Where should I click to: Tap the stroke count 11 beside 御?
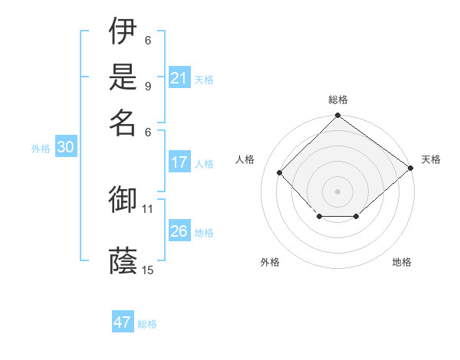pyautogui.click(x=148, y=208)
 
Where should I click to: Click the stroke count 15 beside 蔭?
pyautogui.click(x=148, y=270)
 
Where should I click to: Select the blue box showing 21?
pyautogui.click(x=179, y=78)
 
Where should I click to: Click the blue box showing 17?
pyautogui.click(x=179, y=162)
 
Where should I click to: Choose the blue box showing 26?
pyautogui.click(x=179, y=231)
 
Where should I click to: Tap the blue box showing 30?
pyautogui.click(x=65, y=148)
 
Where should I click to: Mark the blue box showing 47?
pyautogui.click(x=123, y=322)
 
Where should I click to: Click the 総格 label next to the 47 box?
pyautogui.click(x=147, y=324)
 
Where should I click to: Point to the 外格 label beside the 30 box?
pyautogui.click(x=41, y=149)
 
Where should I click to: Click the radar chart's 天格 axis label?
pyautogui.click(x=431, y=159)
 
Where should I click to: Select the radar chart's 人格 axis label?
pyautogui.click(x=245, y=159)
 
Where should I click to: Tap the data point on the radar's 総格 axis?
pyautogui.click(x=337, y=116)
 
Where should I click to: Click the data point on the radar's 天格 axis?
pyautogui.click(x=410, y=167)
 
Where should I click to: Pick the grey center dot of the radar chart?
pyautogui.click(x=337, y=191)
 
